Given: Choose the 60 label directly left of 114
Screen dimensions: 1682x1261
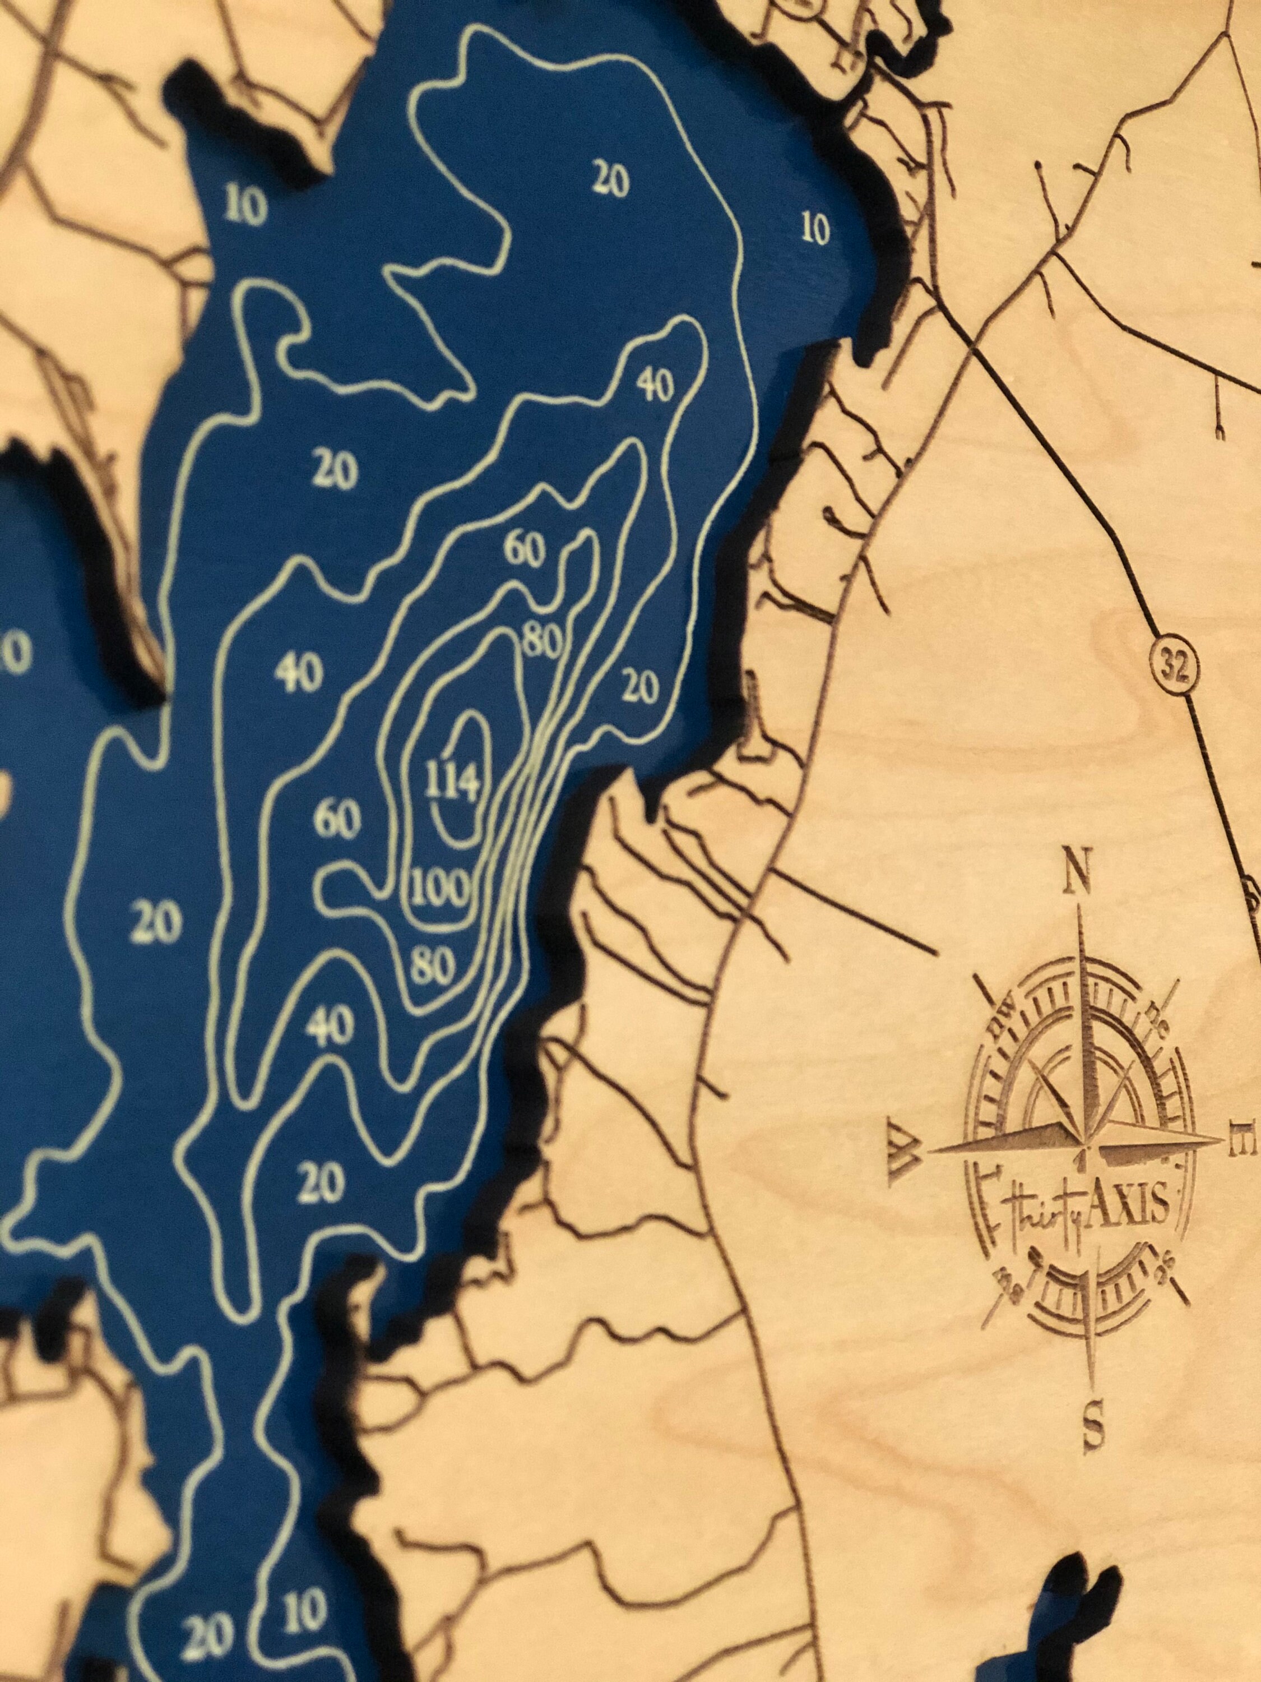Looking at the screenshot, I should coord(337,820).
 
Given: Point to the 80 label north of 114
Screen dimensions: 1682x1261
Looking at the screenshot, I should coord(541,643).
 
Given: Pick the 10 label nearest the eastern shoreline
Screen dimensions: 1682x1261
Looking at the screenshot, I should coord(815,229).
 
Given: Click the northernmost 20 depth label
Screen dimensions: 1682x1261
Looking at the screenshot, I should coord(610,180).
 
